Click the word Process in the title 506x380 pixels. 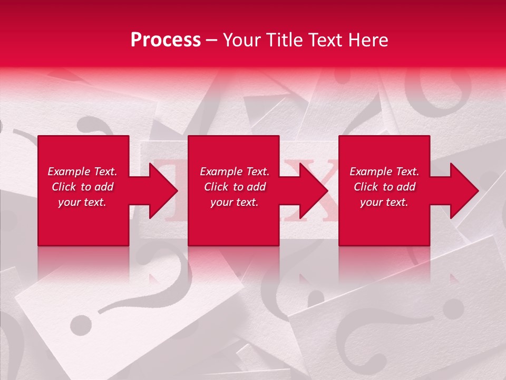(166, 40)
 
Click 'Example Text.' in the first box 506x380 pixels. (82, 172)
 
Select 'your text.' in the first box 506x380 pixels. (82, 202)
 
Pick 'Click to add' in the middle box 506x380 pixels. (235, 187)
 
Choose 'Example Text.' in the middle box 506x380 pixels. (235, 172)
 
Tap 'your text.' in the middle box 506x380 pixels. (235, 202)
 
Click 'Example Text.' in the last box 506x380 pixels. (384, 172)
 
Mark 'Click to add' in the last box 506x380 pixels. (384, 187)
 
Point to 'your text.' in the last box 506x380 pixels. (384, 202)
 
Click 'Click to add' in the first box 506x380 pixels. (82, 187)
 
